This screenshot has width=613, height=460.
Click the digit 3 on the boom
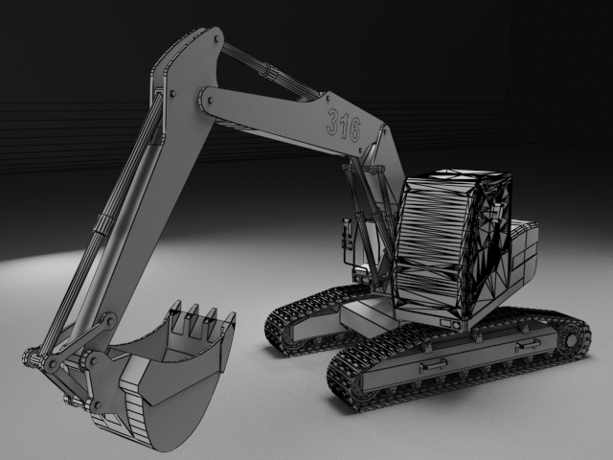(x=332, y=122)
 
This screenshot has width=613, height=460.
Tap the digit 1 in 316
(x=344, y=125)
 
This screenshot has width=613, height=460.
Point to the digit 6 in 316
(x=354, y=129)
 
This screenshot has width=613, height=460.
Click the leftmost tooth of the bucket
(x=177, y=317)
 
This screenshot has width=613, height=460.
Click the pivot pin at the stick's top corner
(x=217, y=39)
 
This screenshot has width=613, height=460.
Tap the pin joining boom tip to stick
(x=211, y=101)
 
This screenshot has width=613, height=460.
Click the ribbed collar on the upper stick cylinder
(x=270, y=72)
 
